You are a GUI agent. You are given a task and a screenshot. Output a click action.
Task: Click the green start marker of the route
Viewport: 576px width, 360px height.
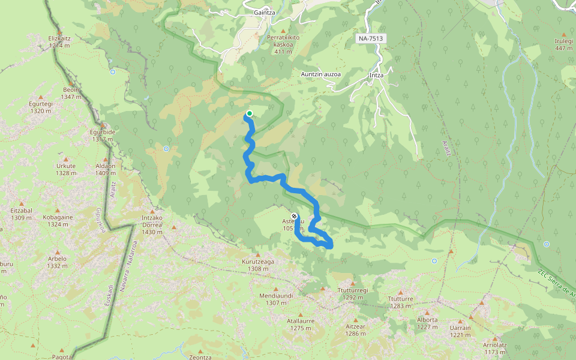coord(249,113)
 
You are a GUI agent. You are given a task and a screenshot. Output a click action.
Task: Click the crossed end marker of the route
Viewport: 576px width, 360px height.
coord(294,216)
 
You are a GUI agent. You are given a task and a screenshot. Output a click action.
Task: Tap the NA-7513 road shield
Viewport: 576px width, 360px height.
coord(370,38)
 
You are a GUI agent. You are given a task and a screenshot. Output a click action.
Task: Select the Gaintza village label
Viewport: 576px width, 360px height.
coord(265,12)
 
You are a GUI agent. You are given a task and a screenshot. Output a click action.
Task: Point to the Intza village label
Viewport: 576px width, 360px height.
coord(376,75)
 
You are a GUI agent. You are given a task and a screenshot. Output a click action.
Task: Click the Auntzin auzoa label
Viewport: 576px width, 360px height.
coord(321,74)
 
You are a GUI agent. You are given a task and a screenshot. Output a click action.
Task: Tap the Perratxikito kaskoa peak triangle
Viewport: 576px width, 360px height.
coord(283,31)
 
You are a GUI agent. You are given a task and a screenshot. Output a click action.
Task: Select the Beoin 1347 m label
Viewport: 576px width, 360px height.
coord(71,93)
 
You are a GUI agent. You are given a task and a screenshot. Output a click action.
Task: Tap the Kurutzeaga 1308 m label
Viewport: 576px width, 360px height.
coord(258,265)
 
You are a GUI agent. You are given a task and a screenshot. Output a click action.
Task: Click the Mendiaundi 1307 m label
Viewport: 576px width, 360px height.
coord(276,299)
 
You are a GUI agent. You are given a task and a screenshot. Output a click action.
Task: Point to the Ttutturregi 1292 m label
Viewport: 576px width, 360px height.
coord(354,293)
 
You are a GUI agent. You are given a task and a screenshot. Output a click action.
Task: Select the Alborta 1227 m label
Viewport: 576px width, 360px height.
coord(427,323)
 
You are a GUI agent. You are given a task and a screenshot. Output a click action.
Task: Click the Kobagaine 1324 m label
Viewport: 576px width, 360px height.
coord(58,221)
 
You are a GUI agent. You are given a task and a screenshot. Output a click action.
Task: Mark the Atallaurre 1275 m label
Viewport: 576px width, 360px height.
coord(301,324)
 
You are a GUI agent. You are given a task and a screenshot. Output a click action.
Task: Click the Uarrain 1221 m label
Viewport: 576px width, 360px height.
coord(460,331)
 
